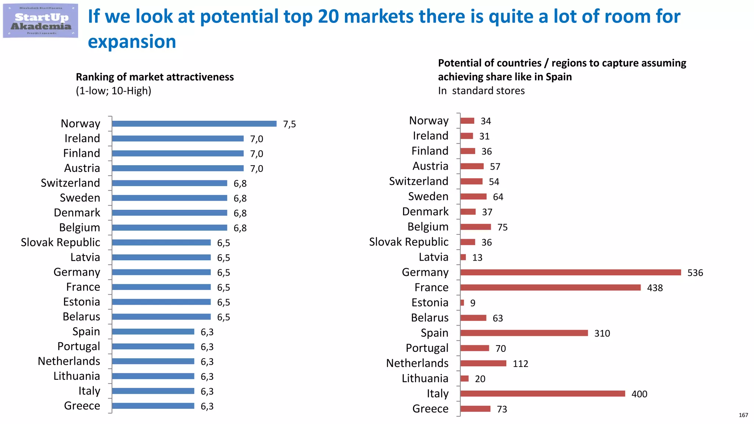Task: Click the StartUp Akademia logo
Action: coord(40,21)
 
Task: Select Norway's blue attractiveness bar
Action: coord(194,124)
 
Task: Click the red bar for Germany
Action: coord(570,272)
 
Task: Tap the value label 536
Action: coord(695,273)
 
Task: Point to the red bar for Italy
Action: coord(542,394)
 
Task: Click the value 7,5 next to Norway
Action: coord(289,124)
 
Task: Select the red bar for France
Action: coord(550,287)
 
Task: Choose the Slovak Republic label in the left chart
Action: coord(60,243)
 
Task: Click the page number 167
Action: coord(743,415)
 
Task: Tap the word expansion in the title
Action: coord(132,42)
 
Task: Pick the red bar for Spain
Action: coord(524,333)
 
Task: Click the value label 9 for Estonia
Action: coord(473,303)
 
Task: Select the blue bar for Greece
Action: coord(153,406)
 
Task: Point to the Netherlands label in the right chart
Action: coord(417,363)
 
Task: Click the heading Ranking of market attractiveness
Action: coord(155,77)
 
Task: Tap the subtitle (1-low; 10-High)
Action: coord(113,91)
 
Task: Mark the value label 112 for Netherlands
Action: coord(520,364)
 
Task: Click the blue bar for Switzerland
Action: coord(169,183)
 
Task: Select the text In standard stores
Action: coord(481,91)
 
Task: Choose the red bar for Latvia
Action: coord(463,257)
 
